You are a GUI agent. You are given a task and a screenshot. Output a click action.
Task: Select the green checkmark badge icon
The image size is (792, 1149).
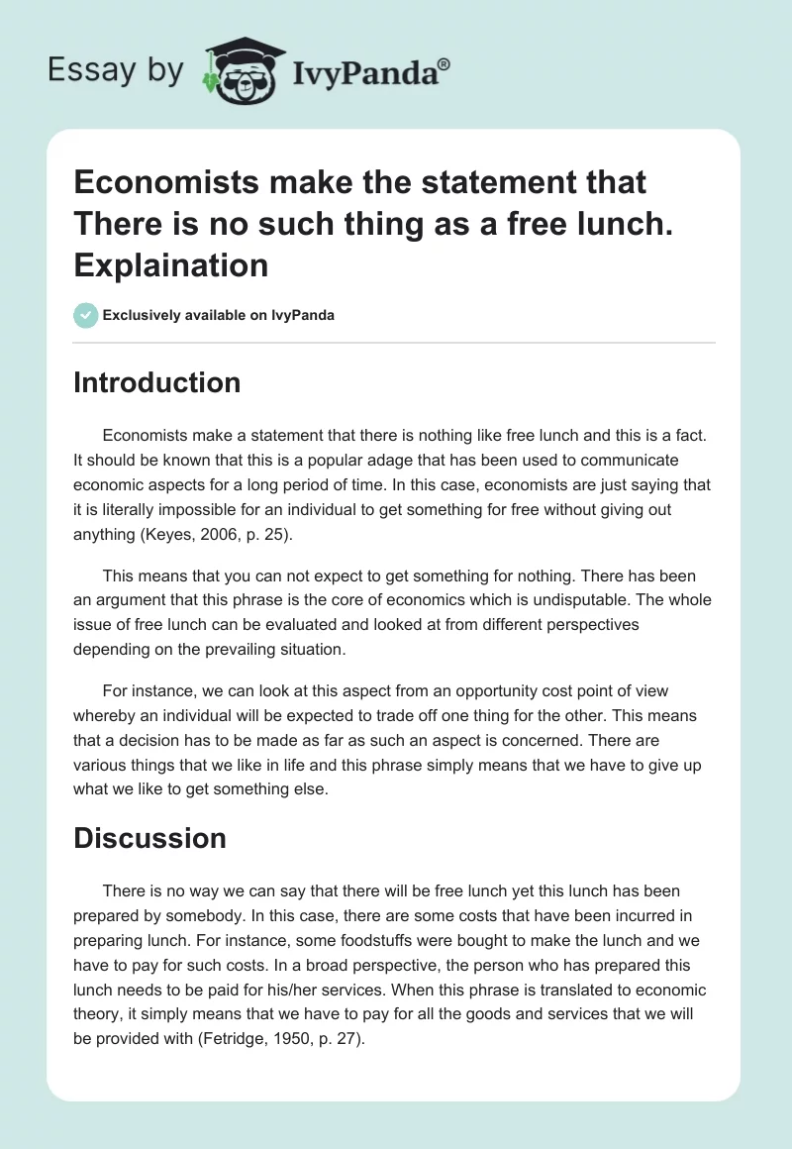(85, 315)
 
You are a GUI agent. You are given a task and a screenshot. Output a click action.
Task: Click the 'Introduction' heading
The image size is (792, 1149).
(156, 383)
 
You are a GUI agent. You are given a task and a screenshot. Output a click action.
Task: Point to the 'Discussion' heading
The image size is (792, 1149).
(149, 838)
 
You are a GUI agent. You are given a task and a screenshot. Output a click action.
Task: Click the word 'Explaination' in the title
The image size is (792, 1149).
(170, 265)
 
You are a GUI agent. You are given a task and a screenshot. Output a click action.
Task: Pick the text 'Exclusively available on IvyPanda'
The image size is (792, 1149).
(218, 316)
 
